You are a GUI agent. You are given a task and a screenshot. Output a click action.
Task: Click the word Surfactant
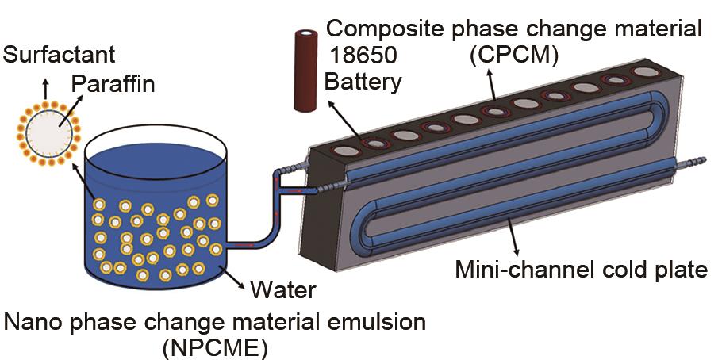pyautogui.click(x=60, y=56)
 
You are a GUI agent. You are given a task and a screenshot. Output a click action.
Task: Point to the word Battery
pyautogui.click(x=363, y=82)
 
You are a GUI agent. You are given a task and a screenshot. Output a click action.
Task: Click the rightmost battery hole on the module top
pyautogui.click(x=646, y=72)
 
